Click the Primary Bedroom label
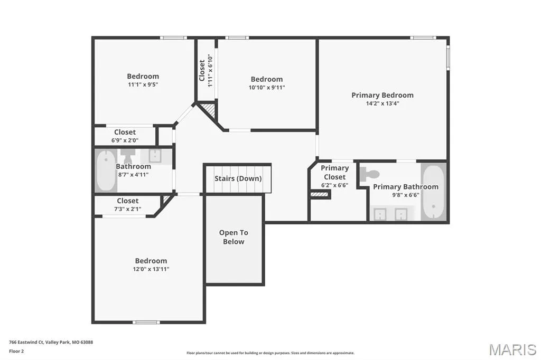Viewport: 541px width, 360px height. pos(383,95)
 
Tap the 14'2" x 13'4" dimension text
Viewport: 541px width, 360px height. pos(383,103)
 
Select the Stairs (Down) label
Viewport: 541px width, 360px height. pos(238,178)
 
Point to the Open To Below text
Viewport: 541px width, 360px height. pos(234,237)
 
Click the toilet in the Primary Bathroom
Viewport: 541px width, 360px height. pos(369,174)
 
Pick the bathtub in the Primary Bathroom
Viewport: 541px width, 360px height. pos(433,192)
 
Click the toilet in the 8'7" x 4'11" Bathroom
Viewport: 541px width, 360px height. pos(128,156)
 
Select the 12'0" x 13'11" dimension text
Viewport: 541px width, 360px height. pos(151,269)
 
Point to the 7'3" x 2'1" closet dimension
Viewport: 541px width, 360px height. pos(128,209)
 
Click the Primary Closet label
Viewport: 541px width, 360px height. pos(334,173)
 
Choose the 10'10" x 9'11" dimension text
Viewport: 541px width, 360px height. pos(267,88)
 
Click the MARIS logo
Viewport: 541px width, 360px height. pos(512,349)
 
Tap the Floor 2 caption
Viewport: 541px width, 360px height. pos(16,352)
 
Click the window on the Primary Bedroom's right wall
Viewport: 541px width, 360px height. pos(448,58)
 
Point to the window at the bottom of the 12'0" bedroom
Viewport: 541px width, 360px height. pos(146,323)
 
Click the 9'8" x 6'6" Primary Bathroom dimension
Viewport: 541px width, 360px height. pos(406,195)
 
